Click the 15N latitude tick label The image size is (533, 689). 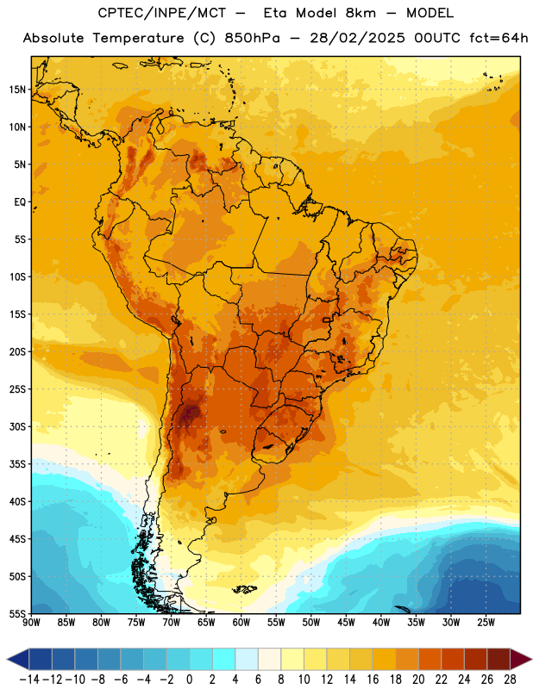click(x=17, y=90)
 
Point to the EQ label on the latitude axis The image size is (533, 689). click(x=20, y=202)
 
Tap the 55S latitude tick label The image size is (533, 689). click(x=17, y=613)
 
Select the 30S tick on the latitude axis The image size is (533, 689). click(x=17, y=426)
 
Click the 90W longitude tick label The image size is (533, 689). click(x=31, y=623)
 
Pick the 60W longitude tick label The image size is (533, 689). click(x=241, y=623)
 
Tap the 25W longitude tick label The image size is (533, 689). click(x=486, y=623)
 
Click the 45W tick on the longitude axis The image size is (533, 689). click(x=347, y=623)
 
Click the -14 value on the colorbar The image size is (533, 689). click(x=29, y=680)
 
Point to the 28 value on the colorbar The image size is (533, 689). click(x=511, y=680)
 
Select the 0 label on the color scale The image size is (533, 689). click(x=190, y=680)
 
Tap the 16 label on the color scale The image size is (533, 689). click(x=373, y=680)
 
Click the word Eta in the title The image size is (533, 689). click(x=275, y=13)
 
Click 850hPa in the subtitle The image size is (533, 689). click(x=252, y=38)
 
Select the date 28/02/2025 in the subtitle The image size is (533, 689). click(x=357, y=38)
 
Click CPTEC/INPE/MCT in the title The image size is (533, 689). click(x=162, y=13)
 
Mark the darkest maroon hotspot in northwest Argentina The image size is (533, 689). click(x=190, y=413)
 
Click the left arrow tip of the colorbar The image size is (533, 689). click(x=8, y=660)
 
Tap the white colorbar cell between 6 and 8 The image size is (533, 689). click(x=269, y=660)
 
